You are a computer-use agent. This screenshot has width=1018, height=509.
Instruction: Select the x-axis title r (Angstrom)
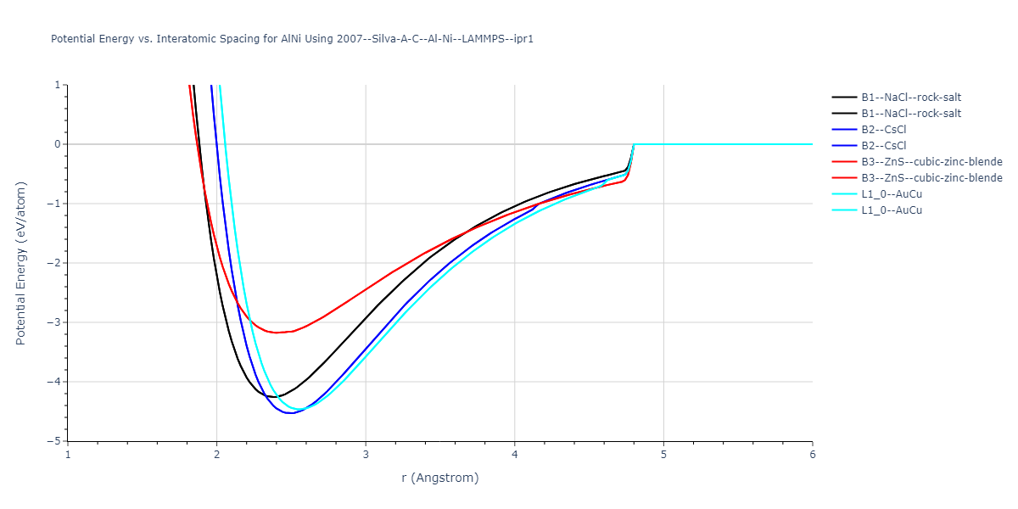(440, 478)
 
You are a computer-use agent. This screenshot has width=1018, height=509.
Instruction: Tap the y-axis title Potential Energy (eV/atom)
(21, 263)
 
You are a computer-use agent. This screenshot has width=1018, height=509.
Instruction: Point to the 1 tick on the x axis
(68, 455)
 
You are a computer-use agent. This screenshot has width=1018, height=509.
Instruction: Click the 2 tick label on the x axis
(217, 455)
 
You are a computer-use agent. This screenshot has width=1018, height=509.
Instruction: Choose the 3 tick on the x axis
(366, 455)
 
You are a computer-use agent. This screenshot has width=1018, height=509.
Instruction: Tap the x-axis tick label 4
(515, 455)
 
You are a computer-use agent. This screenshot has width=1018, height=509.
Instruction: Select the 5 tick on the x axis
(663, 455)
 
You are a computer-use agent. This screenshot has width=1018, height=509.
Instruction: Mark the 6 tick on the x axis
(813, 455)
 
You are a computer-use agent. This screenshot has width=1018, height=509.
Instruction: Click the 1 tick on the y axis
(57, 85)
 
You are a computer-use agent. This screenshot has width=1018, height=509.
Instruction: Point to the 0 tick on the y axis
(57, 144)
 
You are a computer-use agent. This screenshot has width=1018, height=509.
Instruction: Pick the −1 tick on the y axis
(54, 204)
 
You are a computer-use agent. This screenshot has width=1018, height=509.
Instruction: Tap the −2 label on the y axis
(54, 263)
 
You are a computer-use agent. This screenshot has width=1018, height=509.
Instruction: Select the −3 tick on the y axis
(54, 322)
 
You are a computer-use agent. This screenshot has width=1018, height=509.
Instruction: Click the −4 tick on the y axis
(54, 382)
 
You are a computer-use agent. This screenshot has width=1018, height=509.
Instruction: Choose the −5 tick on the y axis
(54, 441)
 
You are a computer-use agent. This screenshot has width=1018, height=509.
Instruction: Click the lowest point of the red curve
(276, 333)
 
